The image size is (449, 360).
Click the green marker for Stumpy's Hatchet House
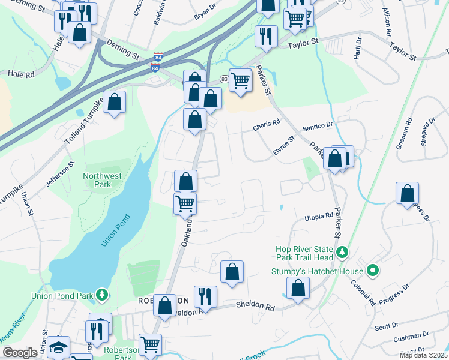point(373,271)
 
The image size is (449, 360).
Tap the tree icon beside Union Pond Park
point(103,295)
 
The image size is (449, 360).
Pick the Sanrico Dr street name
point(317,125)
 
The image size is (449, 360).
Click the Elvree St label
point(284,146)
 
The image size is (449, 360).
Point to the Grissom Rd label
point(408,129)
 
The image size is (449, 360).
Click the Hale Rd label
point(21,73)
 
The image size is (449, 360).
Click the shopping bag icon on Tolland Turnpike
point(114,103)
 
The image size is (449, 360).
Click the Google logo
point(20,353)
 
